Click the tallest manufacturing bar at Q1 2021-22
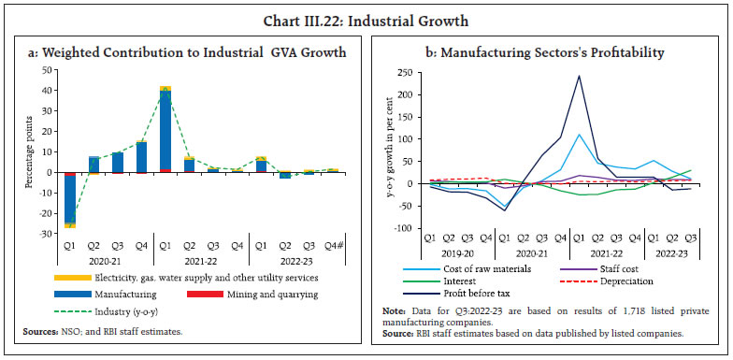point(165,131)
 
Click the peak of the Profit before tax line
point(578,77)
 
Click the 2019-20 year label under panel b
point(453,253)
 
